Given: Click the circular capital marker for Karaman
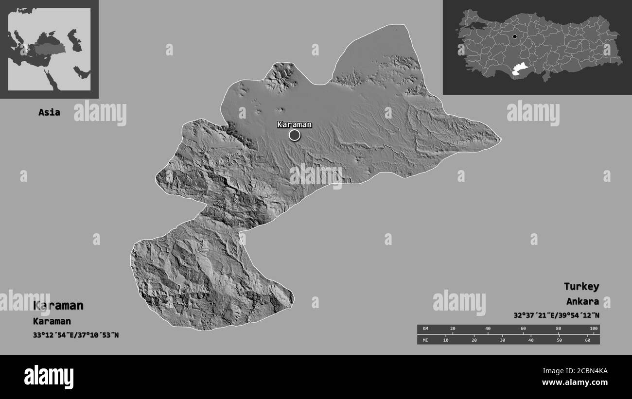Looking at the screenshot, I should (x=295, y=135).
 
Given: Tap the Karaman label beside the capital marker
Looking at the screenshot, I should (x=294, y=124).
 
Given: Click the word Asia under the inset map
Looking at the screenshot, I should (x=50, y=112).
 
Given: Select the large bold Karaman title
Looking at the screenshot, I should (x=58, y=306).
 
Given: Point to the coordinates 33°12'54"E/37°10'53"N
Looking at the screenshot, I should (x=76, y=335).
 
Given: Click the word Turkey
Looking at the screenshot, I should (x=581, y=286).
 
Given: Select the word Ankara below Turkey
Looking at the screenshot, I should (x=582, y=301).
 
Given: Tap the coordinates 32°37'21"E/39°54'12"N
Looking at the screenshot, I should (x=556, y=315).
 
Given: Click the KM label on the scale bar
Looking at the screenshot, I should (x=425, y=329).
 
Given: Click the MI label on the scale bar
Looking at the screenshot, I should (x=425, y=340).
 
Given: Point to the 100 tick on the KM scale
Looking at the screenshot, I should (x=593, y=329).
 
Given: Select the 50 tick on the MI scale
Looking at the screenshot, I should (x=559, y=340).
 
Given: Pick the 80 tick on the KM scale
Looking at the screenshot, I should (x=558, y=329).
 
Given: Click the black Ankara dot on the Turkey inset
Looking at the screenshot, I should (x=514, y=36).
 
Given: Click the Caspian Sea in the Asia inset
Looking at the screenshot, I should (x=73, y=40).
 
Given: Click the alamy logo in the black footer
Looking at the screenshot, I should (x=49, y=377).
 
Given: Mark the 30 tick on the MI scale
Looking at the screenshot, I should (x=502, y=340).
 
